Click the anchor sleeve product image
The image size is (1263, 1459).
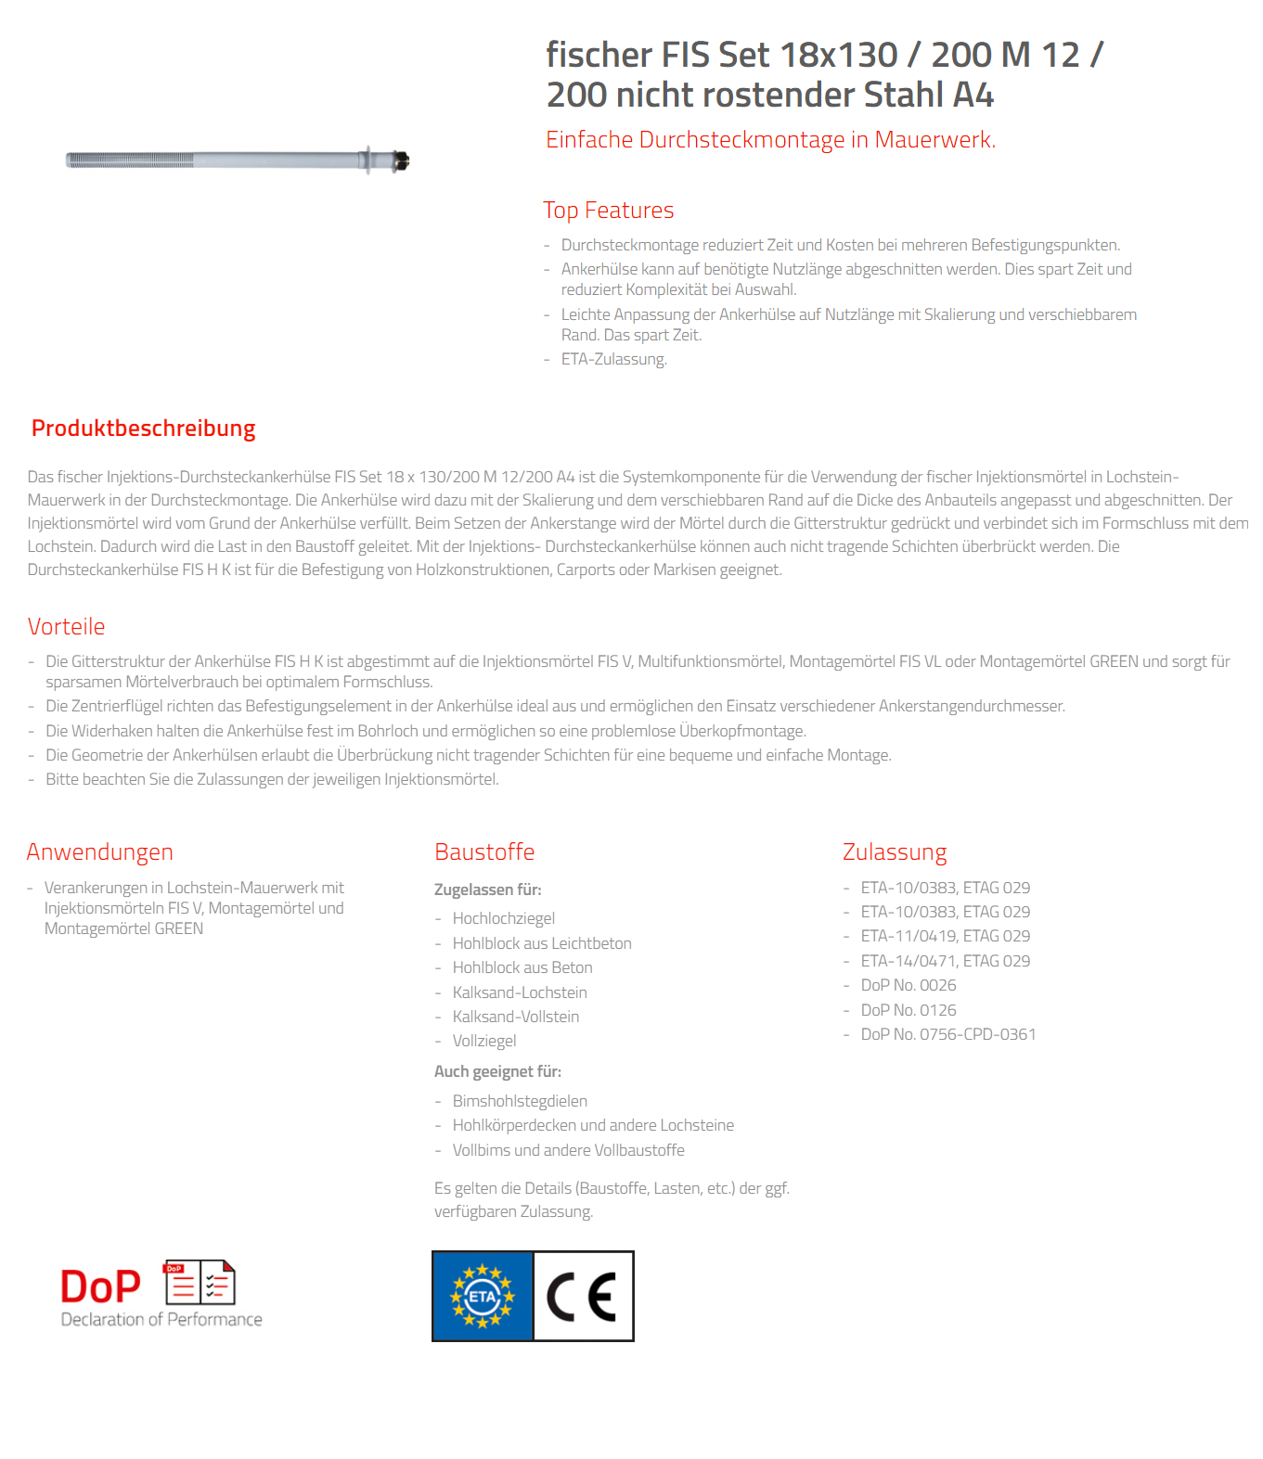click(238, 160)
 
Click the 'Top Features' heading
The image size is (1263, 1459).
click(609, 211)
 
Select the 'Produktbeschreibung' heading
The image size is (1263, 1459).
click(143, 429)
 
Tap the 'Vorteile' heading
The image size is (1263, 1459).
click(66, 627)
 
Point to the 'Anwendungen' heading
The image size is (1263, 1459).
click(99, 851)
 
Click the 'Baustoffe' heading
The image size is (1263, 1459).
click(484, 851)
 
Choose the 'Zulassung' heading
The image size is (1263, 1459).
click(895, 851)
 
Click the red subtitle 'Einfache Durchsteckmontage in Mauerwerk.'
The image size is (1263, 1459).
click(770, 140)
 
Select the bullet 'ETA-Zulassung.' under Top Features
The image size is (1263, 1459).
click(613, 359)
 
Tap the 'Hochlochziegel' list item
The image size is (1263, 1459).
click(503, 918)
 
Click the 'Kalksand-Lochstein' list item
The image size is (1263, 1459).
click(519, 992)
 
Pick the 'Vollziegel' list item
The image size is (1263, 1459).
click(483, 1041)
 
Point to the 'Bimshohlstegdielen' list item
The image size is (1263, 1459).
click(520, 1101)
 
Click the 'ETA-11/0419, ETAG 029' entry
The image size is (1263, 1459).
click(945, 936)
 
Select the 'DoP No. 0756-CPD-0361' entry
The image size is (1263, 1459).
click(947, 1034)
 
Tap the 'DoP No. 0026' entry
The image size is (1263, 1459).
click(908, 985)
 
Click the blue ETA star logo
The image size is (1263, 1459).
click(483, 1296)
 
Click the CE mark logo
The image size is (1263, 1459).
click(583, 1296)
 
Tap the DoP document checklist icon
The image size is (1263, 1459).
click(200, 1283)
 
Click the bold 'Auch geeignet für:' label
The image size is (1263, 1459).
click(497, 1071)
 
